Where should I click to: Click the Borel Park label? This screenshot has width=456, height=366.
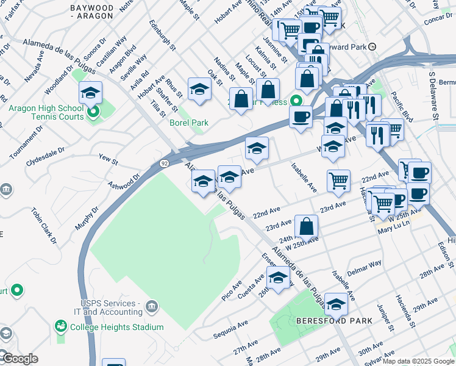tap(188, 123)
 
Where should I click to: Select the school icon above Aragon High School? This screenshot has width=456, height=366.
tap(90, 93)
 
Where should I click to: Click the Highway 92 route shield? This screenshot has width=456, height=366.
tap(165, 163)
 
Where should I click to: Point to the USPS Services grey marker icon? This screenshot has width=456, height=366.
tap(152, 304)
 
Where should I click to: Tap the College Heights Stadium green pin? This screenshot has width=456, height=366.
tap(60, 326)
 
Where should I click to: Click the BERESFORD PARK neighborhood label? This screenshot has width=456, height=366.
tap(330, 321)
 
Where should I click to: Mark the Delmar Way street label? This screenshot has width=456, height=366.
tap(364, 266)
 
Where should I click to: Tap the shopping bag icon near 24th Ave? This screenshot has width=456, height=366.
tap(307, 226)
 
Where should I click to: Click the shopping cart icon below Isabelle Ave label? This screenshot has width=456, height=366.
tap(338, 180)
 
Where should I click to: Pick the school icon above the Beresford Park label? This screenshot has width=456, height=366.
tap(336, 304)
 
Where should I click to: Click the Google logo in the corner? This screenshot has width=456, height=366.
tap(20, 359)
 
